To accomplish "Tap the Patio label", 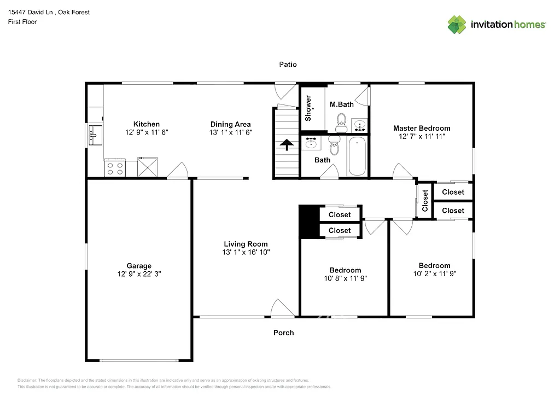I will (x=288, y=65).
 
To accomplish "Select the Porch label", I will (x=283, y=333).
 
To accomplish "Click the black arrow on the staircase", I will (x=285, y=144).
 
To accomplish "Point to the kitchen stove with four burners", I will (x=115, y=167).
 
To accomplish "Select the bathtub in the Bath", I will (x=357, y=156).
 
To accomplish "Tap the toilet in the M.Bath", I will (x=342, y=120).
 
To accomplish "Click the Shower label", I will (x=308, y=108).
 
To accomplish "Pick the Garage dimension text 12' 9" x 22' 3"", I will (x=139, y=275).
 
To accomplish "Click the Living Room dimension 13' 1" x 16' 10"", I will (x=246, y=253).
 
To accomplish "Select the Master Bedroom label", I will (x=422, y=128).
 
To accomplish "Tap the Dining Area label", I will (x=230, y=124).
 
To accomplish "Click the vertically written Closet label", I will (x=425, y=201).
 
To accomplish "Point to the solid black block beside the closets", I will (x=308, y=222).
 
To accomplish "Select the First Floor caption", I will (x=22, y=22).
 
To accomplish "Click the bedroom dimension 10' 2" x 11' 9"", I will (x=435, y=274).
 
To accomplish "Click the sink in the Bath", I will (x=312, y=143).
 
